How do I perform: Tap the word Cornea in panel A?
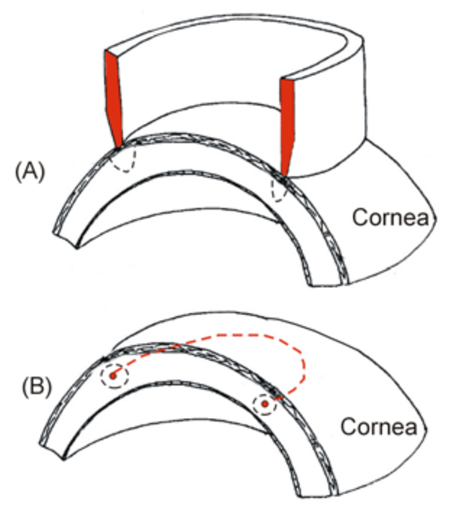tap(389, 219)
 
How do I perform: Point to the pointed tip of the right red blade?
tap(283, 176)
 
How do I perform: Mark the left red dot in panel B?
tap(113, 374)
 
